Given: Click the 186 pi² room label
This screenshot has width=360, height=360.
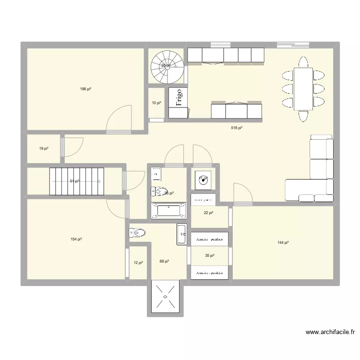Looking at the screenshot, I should [86, 89].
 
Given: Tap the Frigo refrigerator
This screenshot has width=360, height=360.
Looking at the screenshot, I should [178, 102].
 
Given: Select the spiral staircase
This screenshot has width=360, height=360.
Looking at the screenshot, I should [167, 67].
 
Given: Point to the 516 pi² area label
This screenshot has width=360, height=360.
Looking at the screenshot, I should [237, 128].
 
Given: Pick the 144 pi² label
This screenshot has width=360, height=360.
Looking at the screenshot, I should [283, 243].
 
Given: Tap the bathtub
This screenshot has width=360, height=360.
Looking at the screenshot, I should [168, 211].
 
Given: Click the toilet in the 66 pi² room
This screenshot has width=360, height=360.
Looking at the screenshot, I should [137, 233].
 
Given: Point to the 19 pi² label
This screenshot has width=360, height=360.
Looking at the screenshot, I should [44, 149].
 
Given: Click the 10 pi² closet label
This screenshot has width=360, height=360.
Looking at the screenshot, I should [156, 103].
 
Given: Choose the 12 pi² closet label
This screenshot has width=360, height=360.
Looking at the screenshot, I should [138, 262].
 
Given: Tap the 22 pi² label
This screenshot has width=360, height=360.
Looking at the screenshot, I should [208, 213].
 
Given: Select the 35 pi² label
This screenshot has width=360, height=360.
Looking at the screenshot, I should [209, 256].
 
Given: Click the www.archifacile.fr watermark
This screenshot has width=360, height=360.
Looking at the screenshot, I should [330, 332].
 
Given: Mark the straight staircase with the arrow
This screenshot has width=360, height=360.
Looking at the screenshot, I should [77, 181].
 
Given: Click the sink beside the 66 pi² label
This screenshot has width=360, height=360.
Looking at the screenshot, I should [182, 234].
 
